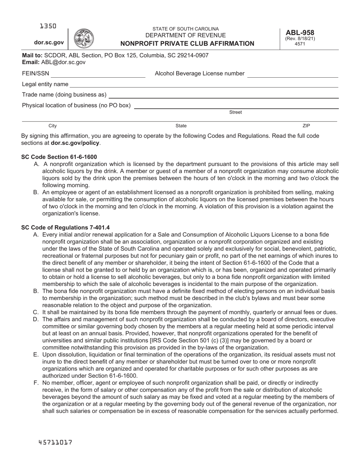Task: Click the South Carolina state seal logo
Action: [x=83, y=38]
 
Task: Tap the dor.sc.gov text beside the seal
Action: [x=49, y=43]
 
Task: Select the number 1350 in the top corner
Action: [x=48, y=26]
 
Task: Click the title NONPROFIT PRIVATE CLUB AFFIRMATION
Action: [x=185, y=44]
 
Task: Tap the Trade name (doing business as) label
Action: [x=64, y=95]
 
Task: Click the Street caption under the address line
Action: [x=235, y=112]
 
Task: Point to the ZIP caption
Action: [x=306, y=126]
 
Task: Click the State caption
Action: [x=181, y=126]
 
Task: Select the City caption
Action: [x=53, y=126]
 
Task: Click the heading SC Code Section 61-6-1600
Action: [x=59, y=157]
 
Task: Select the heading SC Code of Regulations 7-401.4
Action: [x=66, y=227]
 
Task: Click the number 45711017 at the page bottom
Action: [x=55, y=442]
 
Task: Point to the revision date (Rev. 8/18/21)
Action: [x=300, y=39]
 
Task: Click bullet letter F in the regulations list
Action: [x=36, y=383]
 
